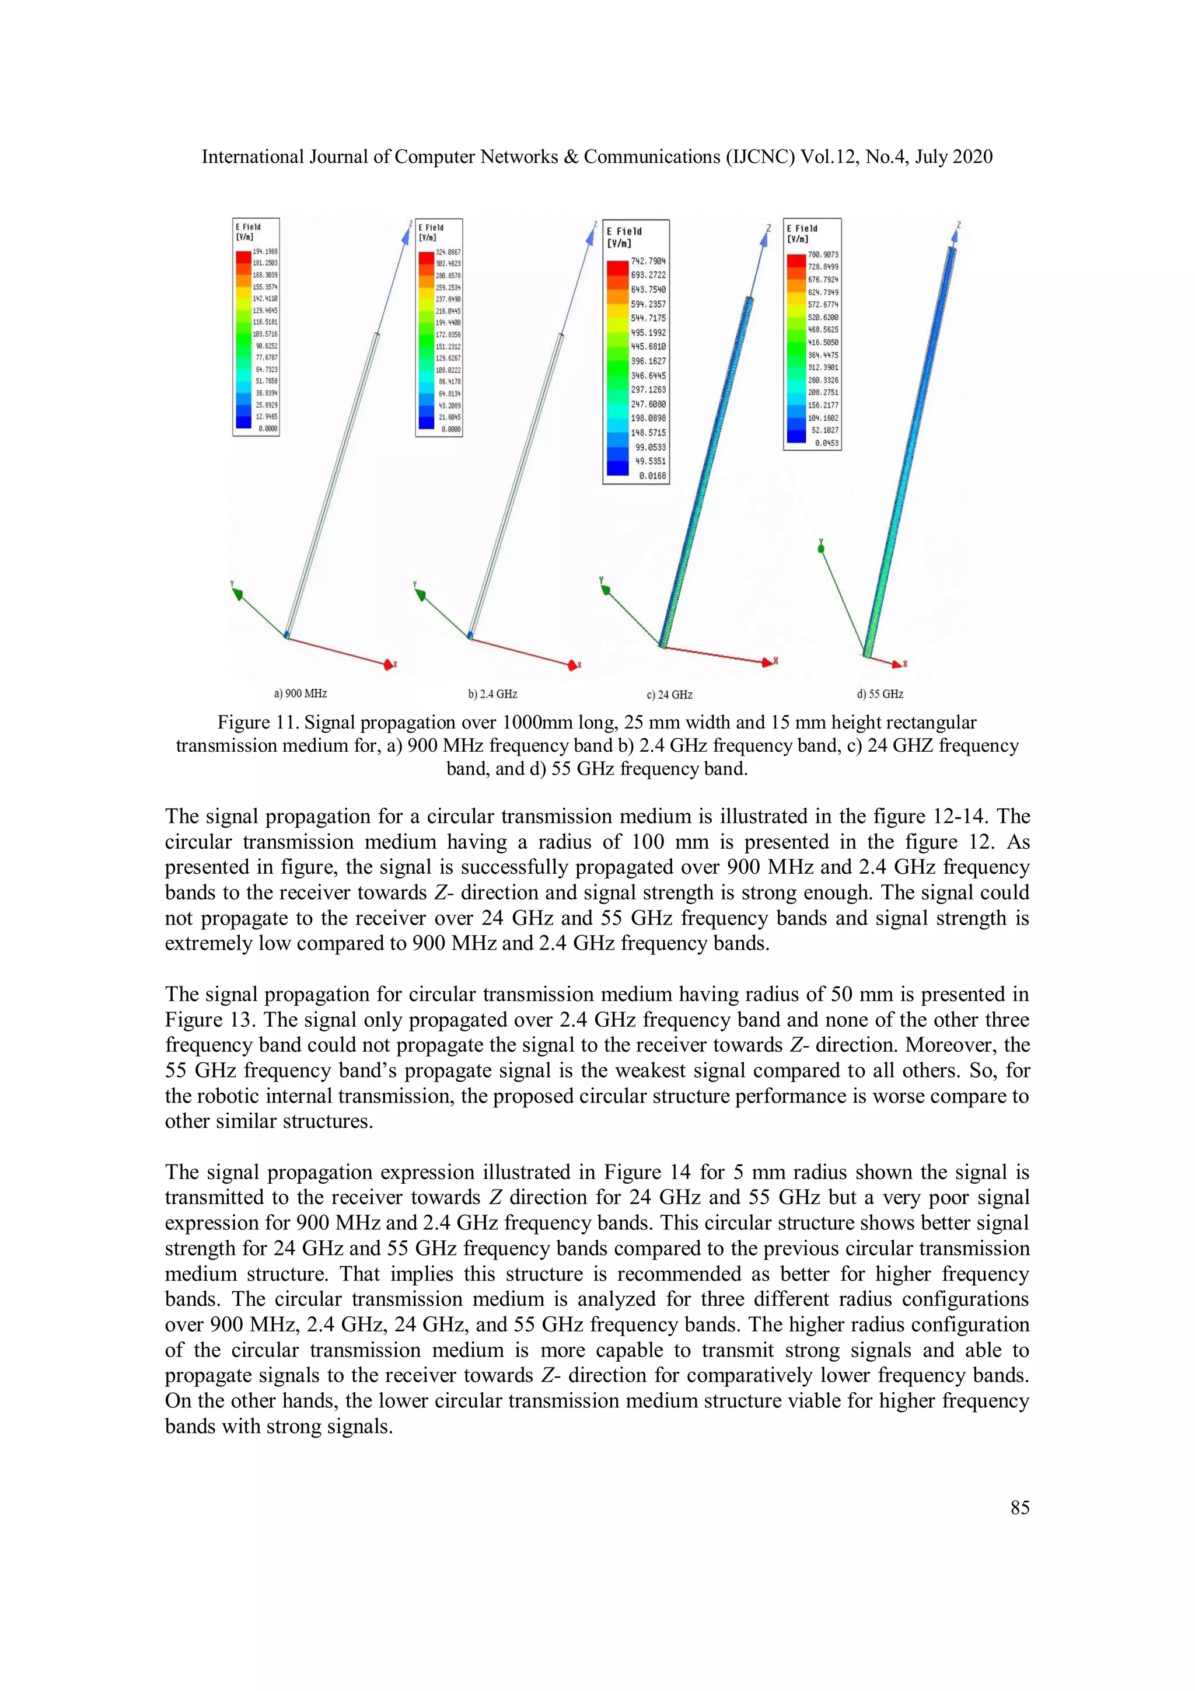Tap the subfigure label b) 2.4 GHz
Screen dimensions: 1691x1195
pyautogui.click(x=492, y=694)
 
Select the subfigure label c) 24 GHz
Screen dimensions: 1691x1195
pyautogui.click(x=669, y=695)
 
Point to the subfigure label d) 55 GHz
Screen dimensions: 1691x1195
pyautogui.click(x=880, y=694)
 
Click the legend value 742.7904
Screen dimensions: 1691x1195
pyautogui.click(x=648, y=261)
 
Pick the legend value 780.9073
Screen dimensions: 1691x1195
pyautogui.click(x=823, y=254)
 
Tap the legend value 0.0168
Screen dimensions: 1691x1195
pyautogui.click(x=652, y=476)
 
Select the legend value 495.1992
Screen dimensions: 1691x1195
pyautogui.click(x=648, y=332)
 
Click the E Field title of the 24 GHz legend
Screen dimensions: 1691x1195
pyautogui.click(x=624, y=231)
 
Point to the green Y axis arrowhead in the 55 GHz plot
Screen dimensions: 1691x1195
pyautogui.click(x=820, y=548)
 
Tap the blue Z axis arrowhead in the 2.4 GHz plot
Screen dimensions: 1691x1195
pyautogui.click(x=590, y=236)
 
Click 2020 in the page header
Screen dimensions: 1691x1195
pyautogui.click(x=973, y=157)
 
